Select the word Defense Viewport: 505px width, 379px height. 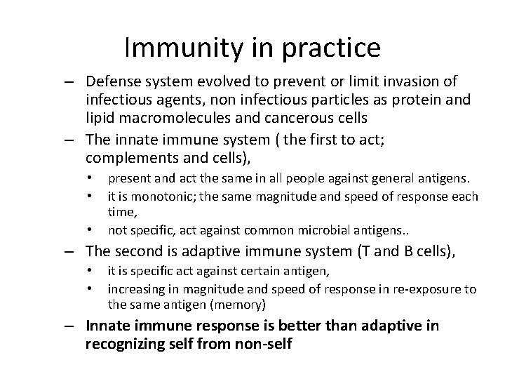point(114,81)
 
